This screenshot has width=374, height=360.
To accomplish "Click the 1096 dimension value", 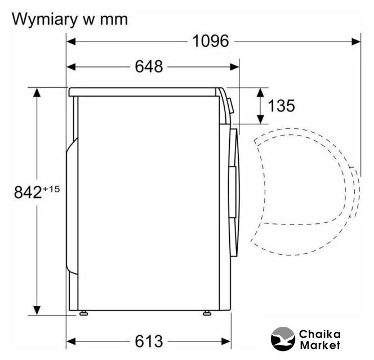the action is tap(211, 41).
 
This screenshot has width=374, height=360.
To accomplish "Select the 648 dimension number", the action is tap(149, 67).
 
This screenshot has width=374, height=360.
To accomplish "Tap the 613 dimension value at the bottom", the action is tap(149, 341).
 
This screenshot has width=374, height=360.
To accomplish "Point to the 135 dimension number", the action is tap(282, 106).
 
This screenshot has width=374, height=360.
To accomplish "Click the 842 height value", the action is tap(28, 192).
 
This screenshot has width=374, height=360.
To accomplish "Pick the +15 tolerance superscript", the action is tap(51, 189).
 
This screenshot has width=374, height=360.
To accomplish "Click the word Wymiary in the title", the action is tap(43, 20).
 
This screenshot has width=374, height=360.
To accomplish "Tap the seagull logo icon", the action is tap(283, 339).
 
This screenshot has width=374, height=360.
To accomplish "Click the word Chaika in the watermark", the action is tap(319, 334).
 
